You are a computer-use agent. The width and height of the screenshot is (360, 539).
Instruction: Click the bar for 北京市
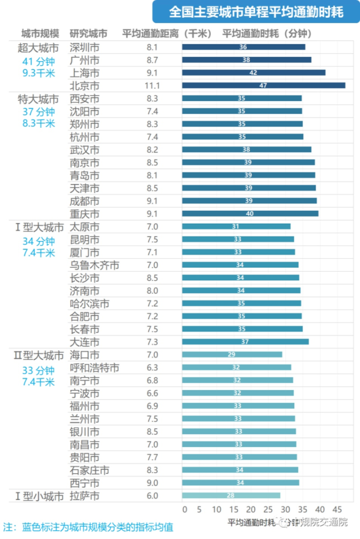[x=264, y=85]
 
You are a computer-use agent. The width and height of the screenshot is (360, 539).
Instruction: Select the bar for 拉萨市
[x=231, y=495]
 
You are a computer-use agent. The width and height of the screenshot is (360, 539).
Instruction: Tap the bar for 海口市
[x=232, y=354]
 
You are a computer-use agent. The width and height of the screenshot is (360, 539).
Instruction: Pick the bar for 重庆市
[x=250, y=213]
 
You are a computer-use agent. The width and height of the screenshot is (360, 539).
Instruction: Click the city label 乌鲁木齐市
[x=95, y=265]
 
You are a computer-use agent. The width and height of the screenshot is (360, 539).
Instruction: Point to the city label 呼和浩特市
[x=95, y=368]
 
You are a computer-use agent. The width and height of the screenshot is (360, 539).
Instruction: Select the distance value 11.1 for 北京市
[x=153, y=86]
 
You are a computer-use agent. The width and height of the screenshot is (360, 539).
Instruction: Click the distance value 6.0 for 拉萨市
[x=153, y=496]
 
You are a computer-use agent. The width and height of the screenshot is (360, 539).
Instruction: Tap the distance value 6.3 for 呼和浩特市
[x=153, y=368]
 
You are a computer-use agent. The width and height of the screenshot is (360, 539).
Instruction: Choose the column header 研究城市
[x=88, y=33]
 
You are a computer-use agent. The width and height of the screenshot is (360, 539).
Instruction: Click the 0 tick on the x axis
[x=184, y=509]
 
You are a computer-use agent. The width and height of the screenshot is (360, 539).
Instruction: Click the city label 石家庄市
[x=90, y=470]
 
